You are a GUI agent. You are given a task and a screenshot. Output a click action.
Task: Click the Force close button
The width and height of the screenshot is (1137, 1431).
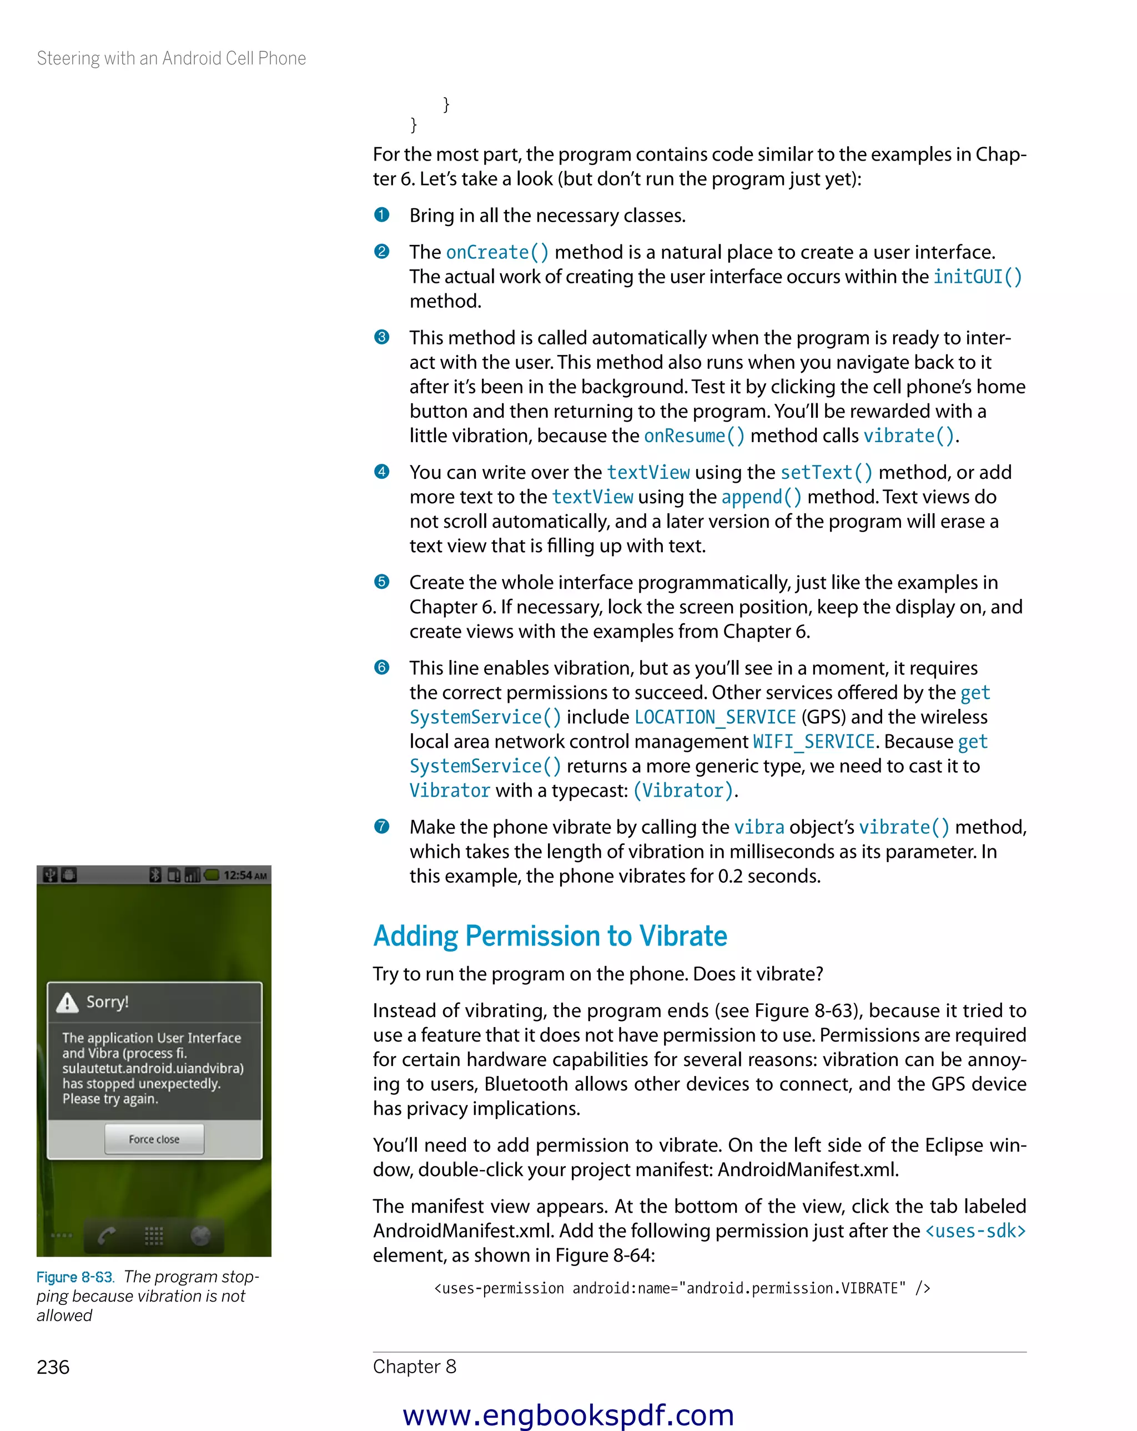click(154, 1139)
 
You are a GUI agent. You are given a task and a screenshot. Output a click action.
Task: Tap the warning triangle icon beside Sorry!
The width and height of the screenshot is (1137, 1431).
click(67, 1002)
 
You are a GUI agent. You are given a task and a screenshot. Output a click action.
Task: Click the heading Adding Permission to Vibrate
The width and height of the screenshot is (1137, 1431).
click(550, 936)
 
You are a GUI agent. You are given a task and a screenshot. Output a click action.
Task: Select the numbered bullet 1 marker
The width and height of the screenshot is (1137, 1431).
click(381, 215)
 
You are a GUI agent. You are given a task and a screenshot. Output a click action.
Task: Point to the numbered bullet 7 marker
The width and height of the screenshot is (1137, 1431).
click(381, 827)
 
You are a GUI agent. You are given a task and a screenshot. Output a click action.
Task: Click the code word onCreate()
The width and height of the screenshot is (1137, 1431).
click(497, 252)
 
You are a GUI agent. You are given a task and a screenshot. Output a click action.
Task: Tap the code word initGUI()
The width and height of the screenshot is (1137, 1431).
click(977, 277)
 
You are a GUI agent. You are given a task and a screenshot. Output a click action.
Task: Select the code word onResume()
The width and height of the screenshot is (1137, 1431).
click(694, 436)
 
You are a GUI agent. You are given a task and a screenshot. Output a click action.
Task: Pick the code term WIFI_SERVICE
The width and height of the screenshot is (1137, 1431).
click(813, 742)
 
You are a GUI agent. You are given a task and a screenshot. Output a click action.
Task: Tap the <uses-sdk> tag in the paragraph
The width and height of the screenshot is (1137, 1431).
click(974, 1231)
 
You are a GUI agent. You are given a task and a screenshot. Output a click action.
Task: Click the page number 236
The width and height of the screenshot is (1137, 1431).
click(53, 1367)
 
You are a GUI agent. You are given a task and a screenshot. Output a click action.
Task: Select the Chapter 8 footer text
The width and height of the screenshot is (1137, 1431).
click(414, 1367)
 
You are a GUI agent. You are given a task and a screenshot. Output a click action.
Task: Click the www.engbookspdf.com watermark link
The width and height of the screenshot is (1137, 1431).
click(568, 1414)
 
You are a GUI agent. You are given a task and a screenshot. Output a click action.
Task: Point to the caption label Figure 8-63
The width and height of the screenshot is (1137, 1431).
click(75, 1277)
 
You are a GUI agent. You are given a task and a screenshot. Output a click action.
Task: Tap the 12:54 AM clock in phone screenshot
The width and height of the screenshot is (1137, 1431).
click(245, 875)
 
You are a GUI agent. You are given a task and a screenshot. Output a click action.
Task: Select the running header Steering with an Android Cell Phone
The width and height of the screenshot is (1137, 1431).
click(171, 58)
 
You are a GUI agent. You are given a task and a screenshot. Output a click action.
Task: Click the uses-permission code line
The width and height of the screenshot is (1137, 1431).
click(681, 1288)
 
